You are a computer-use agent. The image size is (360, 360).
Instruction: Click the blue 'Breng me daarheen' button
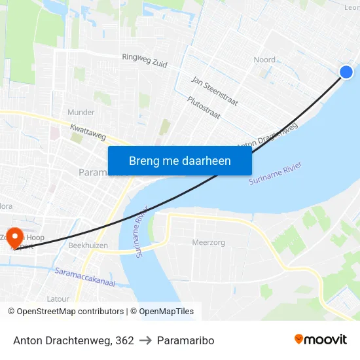pyautogui.click(x=179, y=160)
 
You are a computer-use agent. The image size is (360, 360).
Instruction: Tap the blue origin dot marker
pyautogui.click(x=346, y=72)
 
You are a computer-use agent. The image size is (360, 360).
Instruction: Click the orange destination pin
pyautogui.click(x=14, y=240)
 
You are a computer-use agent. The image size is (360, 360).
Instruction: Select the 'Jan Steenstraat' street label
pyautogui.click(x=214, y=91)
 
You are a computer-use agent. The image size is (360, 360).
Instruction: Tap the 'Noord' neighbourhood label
pyautogui.click(x=264, y=60)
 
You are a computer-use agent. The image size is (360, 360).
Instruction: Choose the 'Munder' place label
pyautogui.click(x=81, y=113)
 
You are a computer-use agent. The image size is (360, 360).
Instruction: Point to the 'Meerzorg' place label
pyautogui.click(x=208, y=242)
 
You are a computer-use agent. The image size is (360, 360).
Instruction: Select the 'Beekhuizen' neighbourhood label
pyautogui.click(x=88, y=245)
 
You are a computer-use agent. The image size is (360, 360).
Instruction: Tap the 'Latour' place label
pyautogui.click(x=58, y=298)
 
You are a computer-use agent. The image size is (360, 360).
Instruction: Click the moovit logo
pyautogui.click(x=320, y=339)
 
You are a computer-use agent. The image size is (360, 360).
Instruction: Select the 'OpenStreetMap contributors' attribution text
pyautogui.click(x=70, y=312)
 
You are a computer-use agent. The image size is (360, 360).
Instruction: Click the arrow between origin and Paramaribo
pyautogui.click(x=145, y=340)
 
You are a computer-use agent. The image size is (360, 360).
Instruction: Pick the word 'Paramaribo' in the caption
pyautogui.click(x=185, y=340)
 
